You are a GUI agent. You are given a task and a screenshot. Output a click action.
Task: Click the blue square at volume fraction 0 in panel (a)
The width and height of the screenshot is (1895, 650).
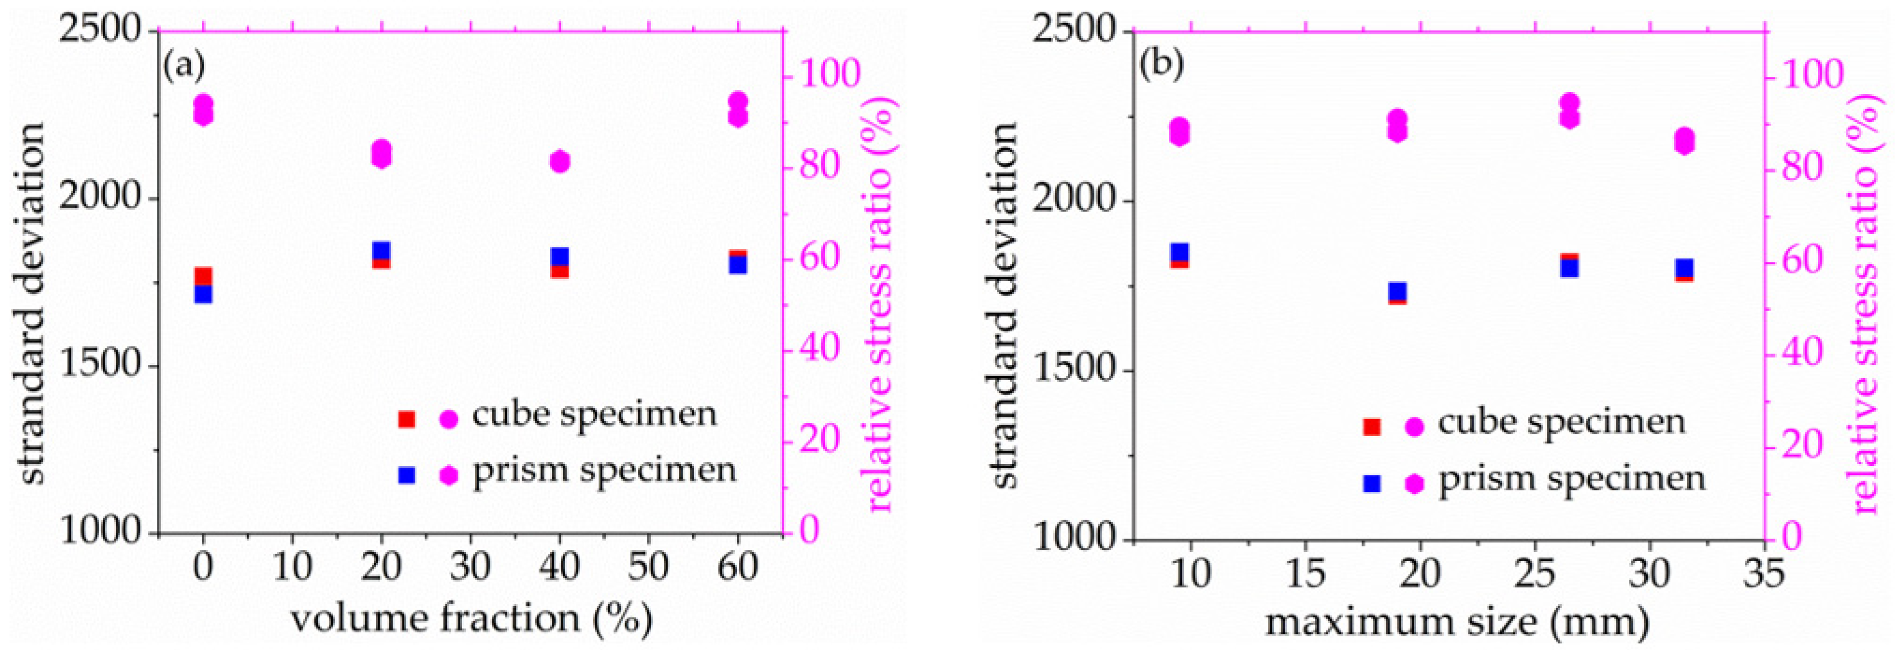point(203,294)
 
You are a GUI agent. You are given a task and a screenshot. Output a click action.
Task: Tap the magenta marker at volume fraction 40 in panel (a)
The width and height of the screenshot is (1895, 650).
point(560,161)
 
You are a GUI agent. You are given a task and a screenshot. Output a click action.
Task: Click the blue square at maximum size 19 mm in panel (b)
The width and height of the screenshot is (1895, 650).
point(1397,292)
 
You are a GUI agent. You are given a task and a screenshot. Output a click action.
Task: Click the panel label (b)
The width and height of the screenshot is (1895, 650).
point(1161,66)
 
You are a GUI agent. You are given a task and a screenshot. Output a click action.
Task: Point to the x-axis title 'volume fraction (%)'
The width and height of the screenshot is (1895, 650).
point(471,618)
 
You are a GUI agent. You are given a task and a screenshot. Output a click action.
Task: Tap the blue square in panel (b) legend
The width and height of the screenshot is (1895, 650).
point(1372,483)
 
